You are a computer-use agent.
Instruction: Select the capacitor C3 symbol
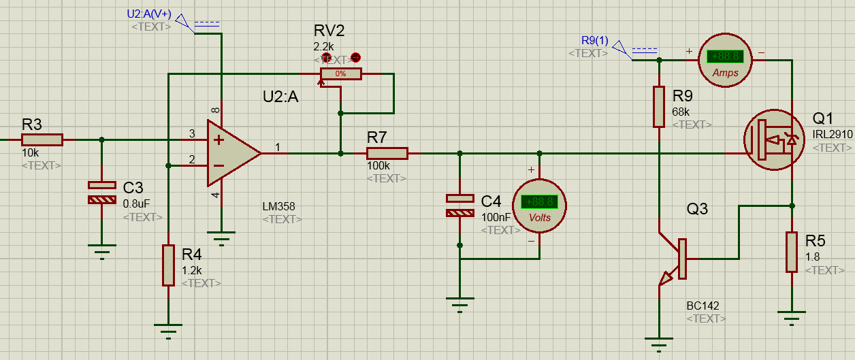(x=102, y=192)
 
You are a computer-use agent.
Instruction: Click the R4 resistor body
(x=168, y=265)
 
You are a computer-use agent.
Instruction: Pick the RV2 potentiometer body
(x=341, y=73)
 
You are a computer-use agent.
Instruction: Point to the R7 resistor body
(x=387, y=154)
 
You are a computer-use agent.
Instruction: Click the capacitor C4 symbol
(x=459, y=206)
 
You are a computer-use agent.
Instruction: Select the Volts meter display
(x=540, y=202)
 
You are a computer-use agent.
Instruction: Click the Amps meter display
(x=726, y=57)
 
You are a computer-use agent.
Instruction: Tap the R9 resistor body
(x=659, y=106)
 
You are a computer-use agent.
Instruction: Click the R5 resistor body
(x=792, y=252)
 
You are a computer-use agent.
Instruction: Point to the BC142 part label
(x=703, y=306)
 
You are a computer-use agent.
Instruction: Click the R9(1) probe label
(x=595, y=40)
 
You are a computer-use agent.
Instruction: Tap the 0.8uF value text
(x=138, y=203)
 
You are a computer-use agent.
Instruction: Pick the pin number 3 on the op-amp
(x=192, y=133)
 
